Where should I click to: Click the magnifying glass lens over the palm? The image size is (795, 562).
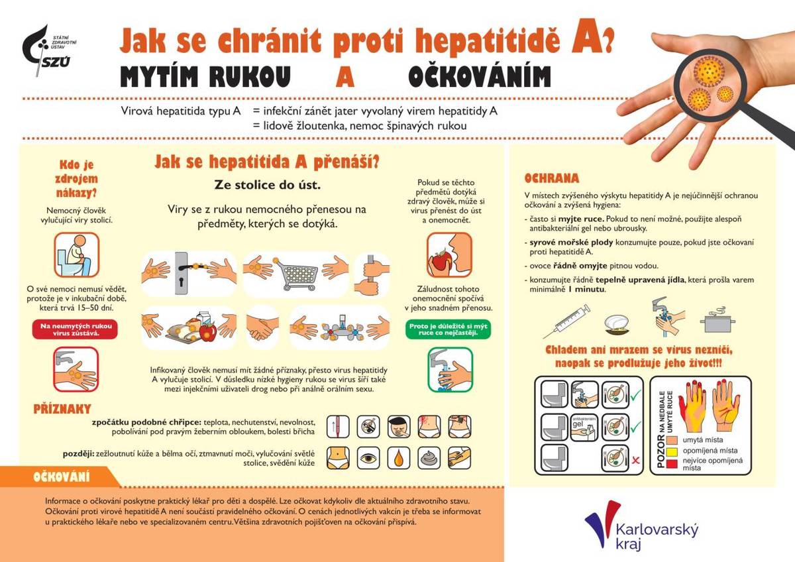[x=708, y=86]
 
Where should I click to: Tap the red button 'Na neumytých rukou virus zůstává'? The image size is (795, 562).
[x=75, y=329]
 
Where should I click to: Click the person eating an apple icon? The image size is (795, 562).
[x=449, y=254]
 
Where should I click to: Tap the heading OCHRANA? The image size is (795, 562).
[x=551, y=178]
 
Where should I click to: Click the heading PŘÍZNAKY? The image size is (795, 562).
[x=62, y=409]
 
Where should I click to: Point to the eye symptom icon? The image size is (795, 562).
[x=368, y=457]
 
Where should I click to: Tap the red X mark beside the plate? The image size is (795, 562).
[x=635, y=459]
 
